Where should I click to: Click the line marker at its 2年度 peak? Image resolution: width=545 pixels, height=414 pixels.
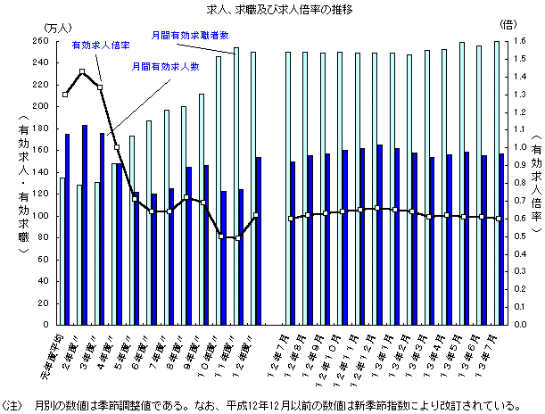click(82, 72)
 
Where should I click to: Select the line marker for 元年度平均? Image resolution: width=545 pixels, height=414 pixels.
click(65, 94)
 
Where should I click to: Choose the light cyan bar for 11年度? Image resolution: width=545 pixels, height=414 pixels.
click(235, 187)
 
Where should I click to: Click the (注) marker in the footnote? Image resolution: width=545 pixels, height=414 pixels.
click(14, 402)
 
